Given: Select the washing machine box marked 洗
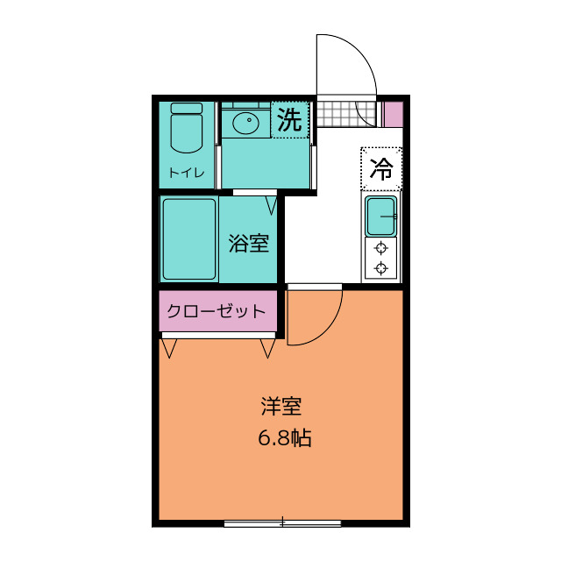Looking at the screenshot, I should click(x=289, y=121).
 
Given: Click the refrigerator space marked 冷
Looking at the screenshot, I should click(x=381, y=167).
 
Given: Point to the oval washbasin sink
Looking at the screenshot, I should click(x=245, y=124).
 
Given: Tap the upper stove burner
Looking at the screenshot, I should click(x=381, y=249).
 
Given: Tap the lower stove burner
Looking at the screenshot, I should click(x=381, y=269).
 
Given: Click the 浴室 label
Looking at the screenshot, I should click(x=249, y=243).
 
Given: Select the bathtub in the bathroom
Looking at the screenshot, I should click(x=188, y=239).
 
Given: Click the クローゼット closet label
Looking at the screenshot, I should click(x=216, y=311).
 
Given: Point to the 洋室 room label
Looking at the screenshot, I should click(x=281, y=408).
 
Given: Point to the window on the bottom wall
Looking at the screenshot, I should click(x=282, y=523).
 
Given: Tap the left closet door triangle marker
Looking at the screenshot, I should click(x=168, y=348).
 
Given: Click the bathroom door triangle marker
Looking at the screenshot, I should click(x=271, y=207).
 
